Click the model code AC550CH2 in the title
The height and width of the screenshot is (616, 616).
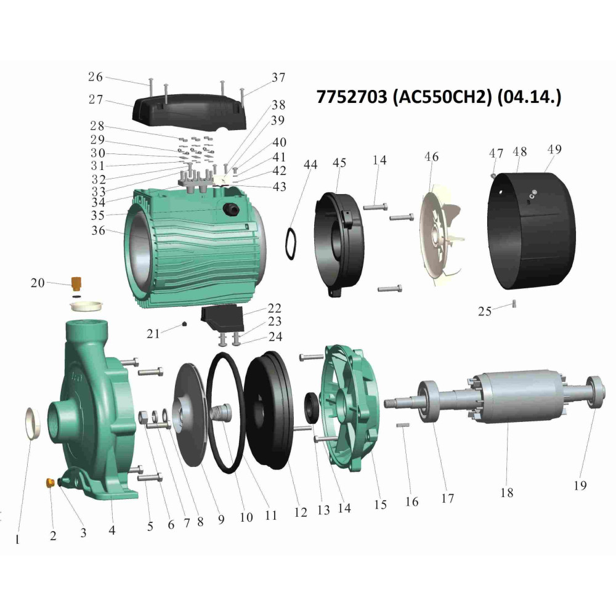click(x=442, y=97)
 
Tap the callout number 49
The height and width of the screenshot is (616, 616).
click(x=554, y=149)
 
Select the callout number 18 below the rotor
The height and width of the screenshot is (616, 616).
click(x=507, y=492)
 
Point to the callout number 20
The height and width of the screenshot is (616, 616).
click(x=38, y=283)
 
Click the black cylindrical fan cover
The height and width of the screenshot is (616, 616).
click(x=531, y=231)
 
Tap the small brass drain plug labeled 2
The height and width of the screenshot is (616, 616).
click(x=50, y=482)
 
